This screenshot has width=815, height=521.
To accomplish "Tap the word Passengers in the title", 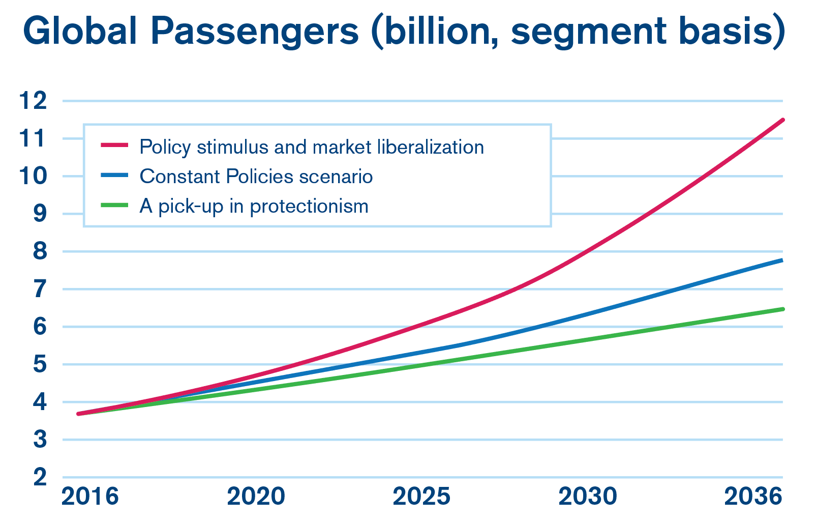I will point(254,32).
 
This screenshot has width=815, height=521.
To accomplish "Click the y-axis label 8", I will point(40,251).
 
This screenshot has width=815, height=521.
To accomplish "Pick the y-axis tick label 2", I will point(40,477).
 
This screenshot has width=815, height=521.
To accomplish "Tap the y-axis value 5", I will point(40,364).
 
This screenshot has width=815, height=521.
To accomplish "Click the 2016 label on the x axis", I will point(90,497).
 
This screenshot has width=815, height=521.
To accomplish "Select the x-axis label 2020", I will point(256,497).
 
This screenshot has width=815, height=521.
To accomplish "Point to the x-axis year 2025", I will point(421,497).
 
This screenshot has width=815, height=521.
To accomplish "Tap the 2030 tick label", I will point(588,497).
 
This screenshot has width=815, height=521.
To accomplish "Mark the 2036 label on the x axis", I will point(753,497).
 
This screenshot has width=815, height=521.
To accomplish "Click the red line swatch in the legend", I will point(114,146).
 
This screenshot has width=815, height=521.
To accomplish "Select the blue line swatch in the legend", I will point(114,176).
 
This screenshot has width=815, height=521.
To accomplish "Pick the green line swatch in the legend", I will point(114,205).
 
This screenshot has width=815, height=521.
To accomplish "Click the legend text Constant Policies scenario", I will point(256,177).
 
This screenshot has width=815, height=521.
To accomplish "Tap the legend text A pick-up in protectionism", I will point(254,206).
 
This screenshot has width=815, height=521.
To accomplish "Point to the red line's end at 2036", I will point(782,120).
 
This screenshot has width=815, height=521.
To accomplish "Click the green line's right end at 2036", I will point(782,309).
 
